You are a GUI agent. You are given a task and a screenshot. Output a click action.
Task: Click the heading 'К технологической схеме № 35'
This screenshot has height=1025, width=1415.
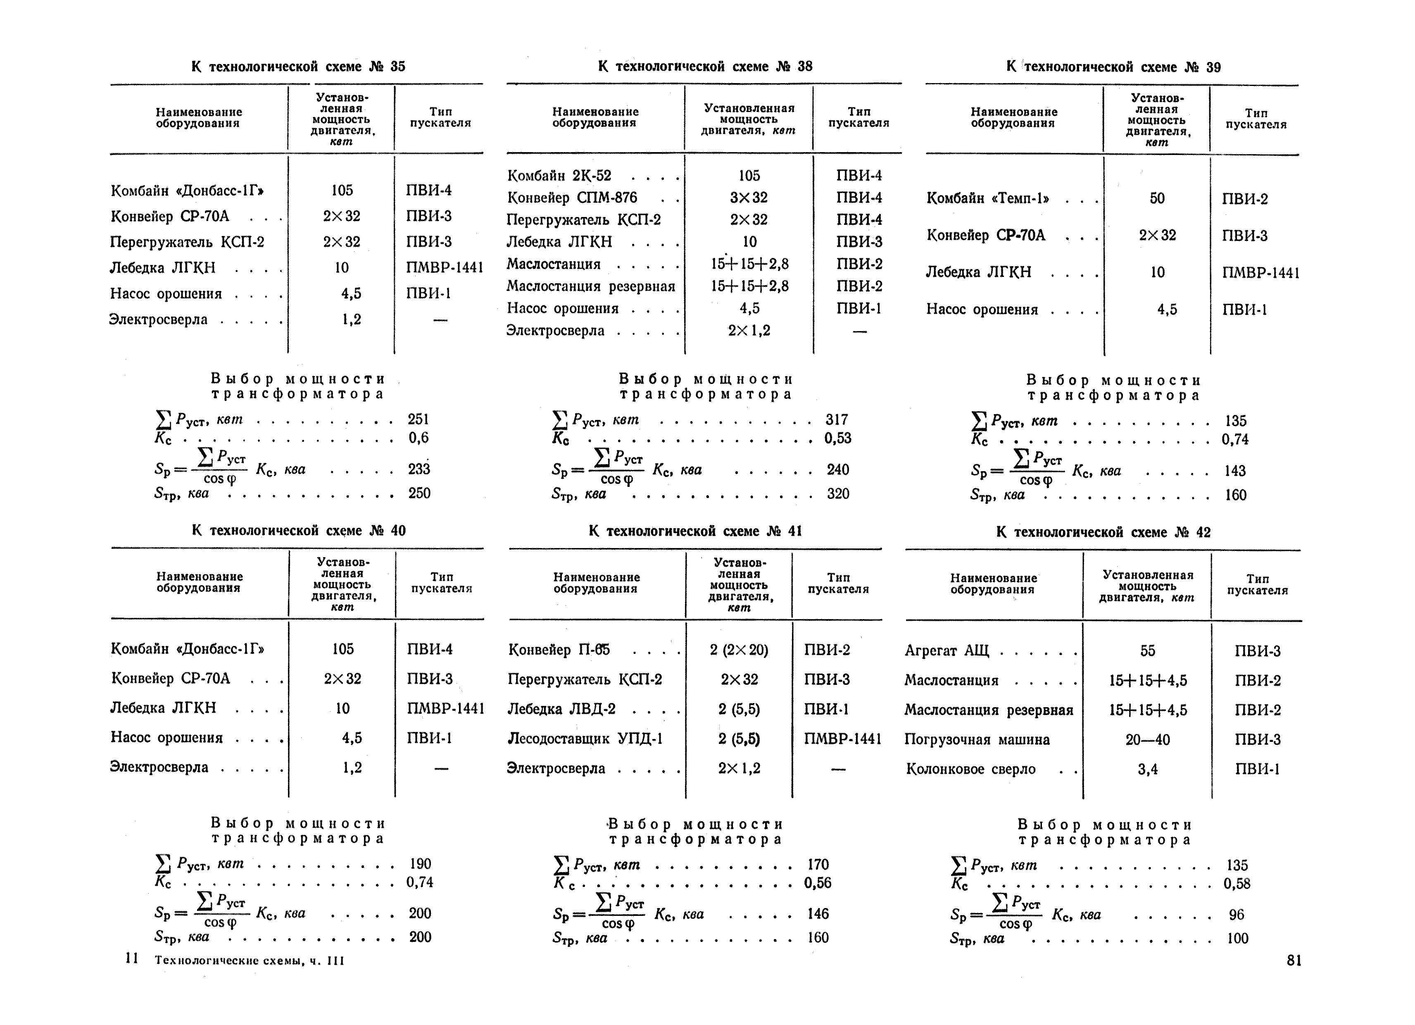(298, 66)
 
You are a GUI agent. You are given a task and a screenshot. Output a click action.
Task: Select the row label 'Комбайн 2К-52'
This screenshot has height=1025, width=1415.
(559, 175)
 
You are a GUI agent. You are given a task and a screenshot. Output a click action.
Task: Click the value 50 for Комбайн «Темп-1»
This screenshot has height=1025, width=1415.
(1157, 198)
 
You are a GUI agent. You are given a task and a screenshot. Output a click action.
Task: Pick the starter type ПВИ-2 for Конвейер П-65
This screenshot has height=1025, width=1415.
(827, 650)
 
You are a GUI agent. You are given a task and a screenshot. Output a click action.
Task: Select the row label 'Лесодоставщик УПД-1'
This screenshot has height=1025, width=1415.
(585, 739)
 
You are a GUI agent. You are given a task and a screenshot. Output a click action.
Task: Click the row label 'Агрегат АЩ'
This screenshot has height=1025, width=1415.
(947, 651)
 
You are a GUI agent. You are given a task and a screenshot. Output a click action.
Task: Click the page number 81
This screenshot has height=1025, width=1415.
(1294, 961)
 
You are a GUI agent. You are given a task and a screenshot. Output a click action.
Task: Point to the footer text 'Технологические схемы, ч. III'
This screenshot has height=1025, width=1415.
(249, 961)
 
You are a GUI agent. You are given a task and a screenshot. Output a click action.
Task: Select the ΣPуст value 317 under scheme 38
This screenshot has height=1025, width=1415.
(837, 420)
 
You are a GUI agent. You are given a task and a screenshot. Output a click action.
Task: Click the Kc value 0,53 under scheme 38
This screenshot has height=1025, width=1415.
(837, 438)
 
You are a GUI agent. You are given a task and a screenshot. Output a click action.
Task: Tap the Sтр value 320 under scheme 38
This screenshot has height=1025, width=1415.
(837, 494)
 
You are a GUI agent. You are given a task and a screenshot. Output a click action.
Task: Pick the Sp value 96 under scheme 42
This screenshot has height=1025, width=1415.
(1236, 915)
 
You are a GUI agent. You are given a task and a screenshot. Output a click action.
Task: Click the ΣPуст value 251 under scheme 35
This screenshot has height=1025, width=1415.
(418, 419)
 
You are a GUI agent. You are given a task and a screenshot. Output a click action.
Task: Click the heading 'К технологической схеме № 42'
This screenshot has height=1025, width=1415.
(1103, 532)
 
